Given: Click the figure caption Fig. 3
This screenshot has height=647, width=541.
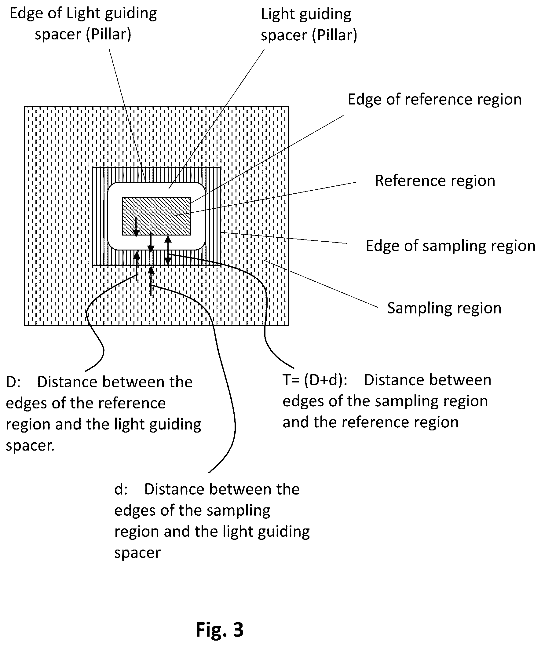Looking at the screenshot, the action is coord(220,630).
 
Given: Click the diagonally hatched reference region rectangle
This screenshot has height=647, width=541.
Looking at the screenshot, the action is coord(156,216).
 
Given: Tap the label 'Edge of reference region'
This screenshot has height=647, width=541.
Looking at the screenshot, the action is coord(435,100).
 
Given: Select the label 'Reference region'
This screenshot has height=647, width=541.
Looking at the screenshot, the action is coord(435,181).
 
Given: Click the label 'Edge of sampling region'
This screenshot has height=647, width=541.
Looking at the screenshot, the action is coord(450,246).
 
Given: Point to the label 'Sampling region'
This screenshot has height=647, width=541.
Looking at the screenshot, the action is coord(444,308).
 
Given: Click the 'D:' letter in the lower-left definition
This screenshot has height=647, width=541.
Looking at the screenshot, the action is coord(13,382).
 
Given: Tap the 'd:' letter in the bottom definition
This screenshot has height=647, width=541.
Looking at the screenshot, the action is coord(121,489).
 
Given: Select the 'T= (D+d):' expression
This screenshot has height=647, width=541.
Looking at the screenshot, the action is coord(315,380).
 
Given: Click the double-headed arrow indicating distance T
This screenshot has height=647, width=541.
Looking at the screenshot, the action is coord(168,250).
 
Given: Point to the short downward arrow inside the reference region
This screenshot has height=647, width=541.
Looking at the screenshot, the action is coord(136,226).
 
